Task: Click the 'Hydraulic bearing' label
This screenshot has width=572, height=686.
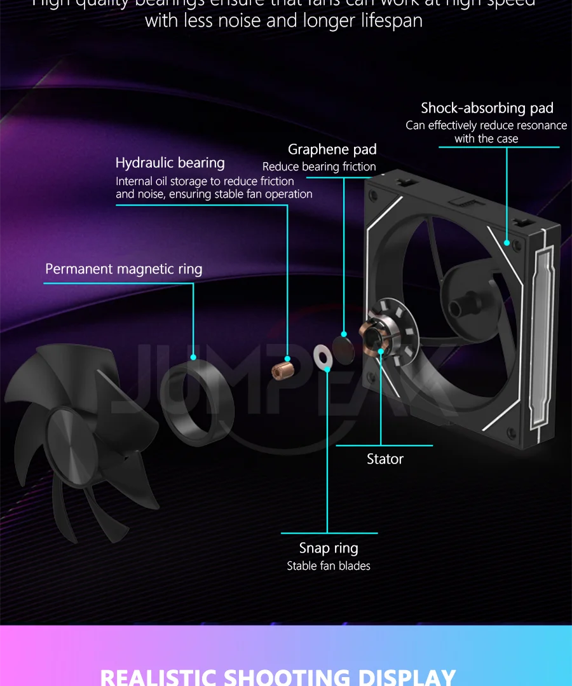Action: click(170, 163)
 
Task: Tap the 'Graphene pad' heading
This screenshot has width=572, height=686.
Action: click(332, 149)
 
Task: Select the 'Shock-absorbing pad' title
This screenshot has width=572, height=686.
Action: click(487, 108)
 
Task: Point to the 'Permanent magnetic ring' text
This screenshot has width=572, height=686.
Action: click(123, 269)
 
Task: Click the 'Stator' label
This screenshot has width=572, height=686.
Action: click(385, 459)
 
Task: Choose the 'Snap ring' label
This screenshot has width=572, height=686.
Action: click(329, 548)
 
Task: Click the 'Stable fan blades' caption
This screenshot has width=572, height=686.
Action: click(329, 566)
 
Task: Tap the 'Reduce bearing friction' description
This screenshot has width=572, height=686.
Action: click(319, 167)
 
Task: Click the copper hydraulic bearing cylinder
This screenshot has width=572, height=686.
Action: click(282, 368)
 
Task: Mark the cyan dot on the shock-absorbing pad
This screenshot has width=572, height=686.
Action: click(507, 242)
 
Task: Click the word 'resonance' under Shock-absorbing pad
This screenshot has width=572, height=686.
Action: click(535, 125)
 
